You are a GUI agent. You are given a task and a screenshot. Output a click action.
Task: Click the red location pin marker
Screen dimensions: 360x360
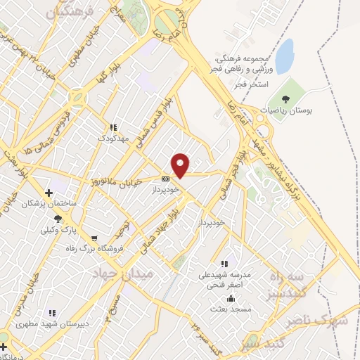181,165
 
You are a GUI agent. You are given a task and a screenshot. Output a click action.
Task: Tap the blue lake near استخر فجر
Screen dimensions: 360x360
284,56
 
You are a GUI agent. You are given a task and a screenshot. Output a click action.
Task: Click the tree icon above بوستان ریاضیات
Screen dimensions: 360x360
285,99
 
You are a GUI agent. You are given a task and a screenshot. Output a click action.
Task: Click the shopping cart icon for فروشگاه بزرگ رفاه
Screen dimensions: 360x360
94,238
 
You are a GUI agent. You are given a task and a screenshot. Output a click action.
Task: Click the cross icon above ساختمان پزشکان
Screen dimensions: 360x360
49,193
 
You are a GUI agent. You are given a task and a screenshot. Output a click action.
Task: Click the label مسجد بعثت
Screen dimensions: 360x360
229,309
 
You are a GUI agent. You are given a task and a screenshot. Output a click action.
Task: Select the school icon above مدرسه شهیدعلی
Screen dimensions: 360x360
224,264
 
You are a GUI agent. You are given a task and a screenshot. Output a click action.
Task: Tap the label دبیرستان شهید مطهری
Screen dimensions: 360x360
51,323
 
